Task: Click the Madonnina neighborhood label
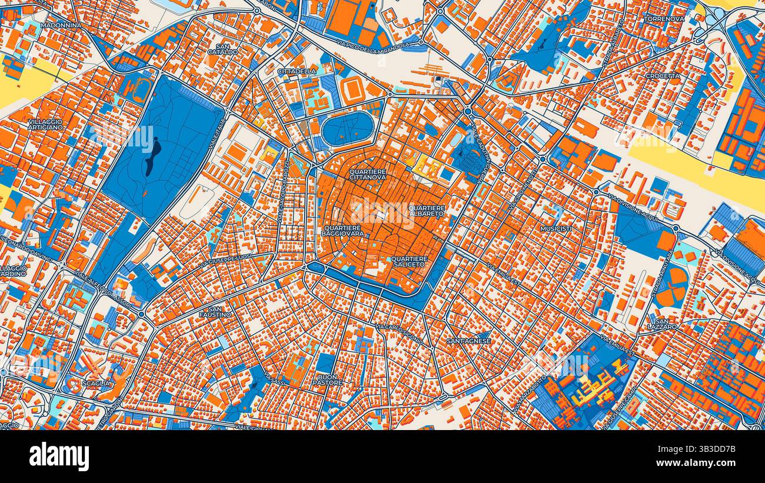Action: (61, 25)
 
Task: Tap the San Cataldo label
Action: (222, 49)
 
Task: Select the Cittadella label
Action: (297, 71)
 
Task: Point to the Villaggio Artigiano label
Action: (45, 124)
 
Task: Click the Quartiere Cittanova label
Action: (368, 174)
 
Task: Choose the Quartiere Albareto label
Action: (427, 211)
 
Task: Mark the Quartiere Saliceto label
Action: (410, 262)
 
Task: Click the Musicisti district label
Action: (556, 228)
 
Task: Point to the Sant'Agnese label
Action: (468, 341)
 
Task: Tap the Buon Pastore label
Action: (328, 379)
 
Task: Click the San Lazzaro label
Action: (662, 324)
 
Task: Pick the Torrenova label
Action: (664, 18)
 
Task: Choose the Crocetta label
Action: (662, 76)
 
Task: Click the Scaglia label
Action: (96, 383)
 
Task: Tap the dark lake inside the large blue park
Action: (151, 157)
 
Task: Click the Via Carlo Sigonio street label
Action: (400, 333)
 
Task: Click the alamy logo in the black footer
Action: (59, 456)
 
